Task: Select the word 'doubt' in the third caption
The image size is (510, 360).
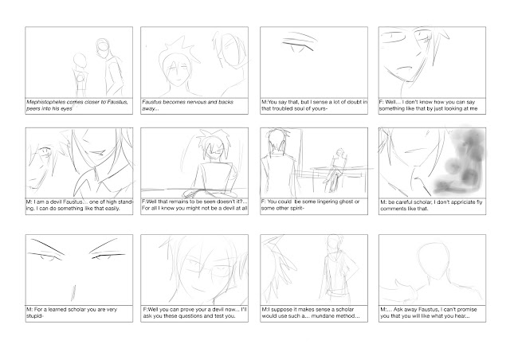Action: pyautogui.click(x=351, y=102)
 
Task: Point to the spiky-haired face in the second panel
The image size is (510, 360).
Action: pyautogui.click(x=177, y=69)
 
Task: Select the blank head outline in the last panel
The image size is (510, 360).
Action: pyautogui.click(x=432, y=260)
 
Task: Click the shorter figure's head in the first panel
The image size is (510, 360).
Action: pyautogui.click(x=80, y=61)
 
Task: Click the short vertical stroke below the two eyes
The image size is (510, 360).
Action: pyautogui.click(x=73, y=292)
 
